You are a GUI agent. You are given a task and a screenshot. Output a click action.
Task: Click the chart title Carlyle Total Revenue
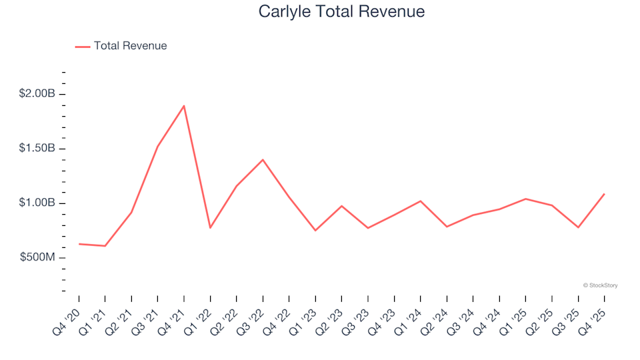341,12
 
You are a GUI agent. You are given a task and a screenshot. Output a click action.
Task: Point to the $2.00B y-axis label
37,93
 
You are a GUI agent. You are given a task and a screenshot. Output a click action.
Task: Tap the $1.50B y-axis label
37,148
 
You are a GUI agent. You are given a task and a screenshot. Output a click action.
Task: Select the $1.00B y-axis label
37,203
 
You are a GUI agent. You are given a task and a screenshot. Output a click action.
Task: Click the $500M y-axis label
37,257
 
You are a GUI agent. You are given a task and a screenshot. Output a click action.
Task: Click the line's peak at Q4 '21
183,105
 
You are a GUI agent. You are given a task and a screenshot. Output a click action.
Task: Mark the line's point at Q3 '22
263,159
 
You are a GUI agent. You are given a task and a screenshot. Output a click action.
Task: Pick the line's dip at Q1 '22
210,228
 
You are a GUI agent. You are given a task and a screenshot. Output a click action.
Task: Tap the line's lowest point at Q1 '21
105,246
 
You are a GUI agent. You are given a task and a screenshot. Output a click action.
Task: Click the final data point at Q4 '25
604,194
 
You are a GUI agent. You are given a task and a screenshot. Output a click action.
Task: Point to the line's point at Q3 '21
157,147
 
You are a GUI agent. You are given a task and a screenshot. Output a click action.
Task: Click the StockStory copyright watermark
600,285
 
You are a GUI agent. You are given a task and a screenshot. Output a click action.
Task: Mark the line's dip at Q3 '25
578,227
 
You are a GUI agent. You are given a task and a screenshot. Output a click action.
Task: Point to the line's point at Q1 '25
525,199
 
